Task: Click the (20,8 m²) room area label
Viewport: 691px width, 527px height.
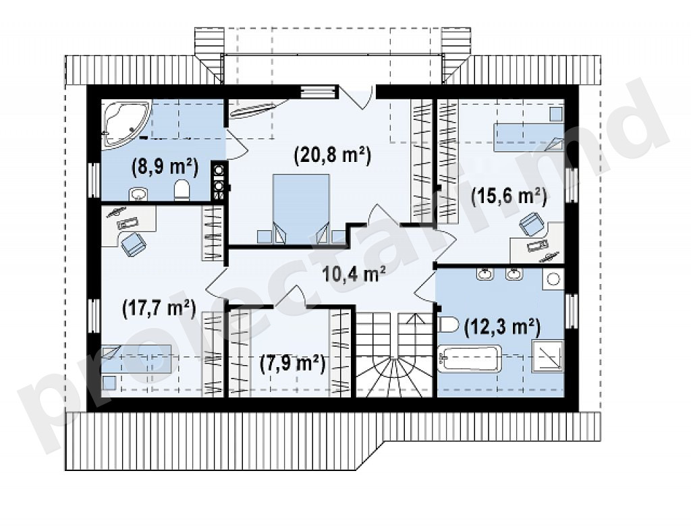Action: [333, 155]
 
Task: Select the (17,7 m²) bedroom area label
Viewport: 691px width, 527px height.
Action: [159, 308]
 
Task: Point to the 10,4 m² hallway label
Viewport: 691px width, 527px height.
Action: [354, 275]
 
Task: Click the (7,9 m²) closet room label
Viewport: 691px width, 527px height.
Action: [292, 364]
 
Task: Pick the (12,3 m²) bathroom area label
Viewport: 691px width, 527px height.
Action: [502, 327]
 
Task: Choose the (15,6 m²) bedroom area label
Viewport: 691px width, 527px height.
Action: [509, 196]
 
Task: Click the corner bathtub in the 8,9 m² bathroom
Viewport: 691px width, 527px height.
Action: [126, 123]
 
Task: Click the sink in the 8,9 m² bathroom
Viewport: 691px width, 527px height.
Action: [139, 194]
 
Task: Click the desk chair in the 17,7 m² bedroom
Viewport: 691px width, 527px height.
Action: [134, 244]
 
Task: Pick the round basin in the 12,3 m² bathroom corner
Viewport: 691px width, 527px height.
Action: [553, 279]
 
